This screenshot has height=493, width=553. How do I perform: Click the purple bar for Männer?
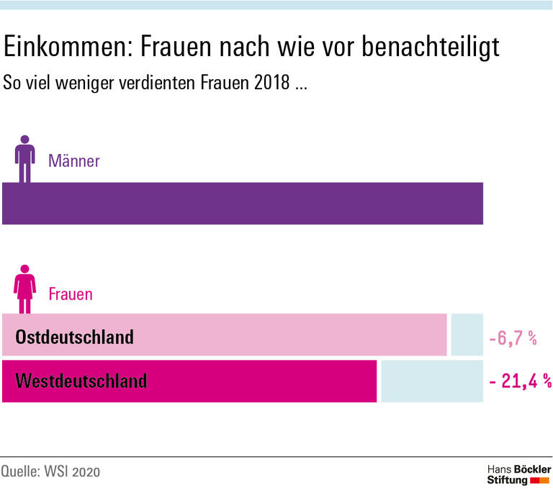(242, 204)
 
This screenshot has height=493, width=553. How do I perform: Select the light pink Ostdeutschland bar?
(225, 335)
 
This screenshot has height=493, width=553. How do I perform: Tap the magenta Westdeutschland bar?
(189, 381)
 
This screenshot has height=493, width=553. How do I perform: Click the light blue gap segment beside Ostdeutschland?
(467, 335)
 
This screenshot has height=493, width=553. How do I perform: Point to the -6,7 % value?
(513, 338)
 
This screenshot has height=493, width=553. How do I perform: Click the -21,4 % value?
(519, 381)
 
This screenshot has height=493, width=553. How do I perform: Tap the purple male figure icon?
(26, 158)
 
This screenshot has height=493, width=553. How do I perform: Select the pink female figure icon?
(26, 291)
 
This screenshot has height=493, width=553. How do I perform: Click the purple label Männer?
(73, 161)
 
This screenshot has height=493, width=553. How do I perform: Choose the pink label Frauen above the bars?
(70, 294)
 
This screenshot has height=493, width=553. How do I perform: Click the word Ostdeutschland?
(75, 336)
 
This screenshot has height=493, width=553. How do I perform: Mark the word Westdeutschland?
(81, 380)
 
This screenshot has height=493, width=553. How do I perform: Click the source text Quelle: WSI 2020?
(50, 472)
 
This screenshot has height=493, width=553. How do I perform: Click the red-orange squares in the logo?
(540, 480)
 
